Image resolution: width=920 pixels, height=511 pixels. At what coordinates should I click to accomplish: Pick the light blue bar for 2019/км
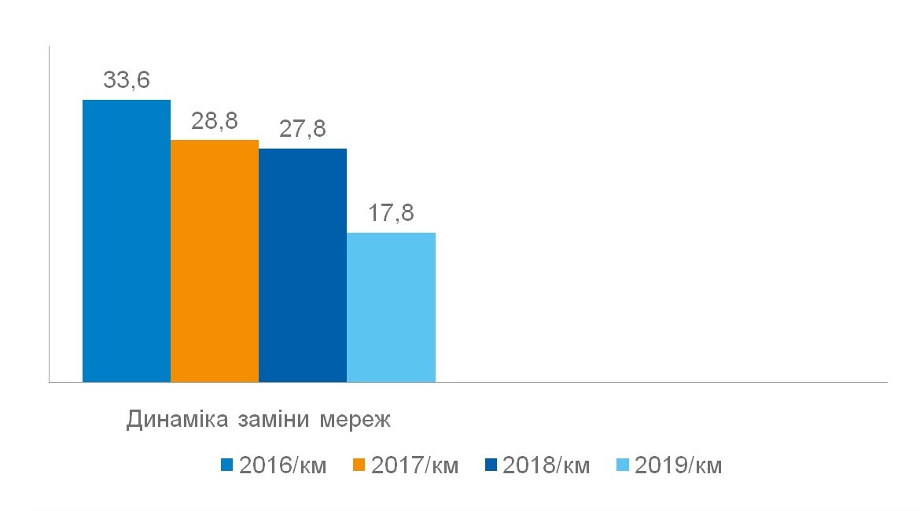391,307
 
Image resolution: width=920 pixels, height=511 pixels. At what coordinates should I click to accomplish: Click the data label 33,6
127,80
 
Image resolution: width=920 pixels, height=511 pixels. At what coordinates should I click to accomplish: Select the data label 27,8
303,129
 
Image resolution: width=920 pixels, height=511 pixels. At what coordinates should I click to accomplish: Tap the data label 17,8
391,213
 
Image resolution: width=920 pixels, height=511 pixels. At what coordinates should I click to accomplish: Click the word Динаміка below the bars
178,419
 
